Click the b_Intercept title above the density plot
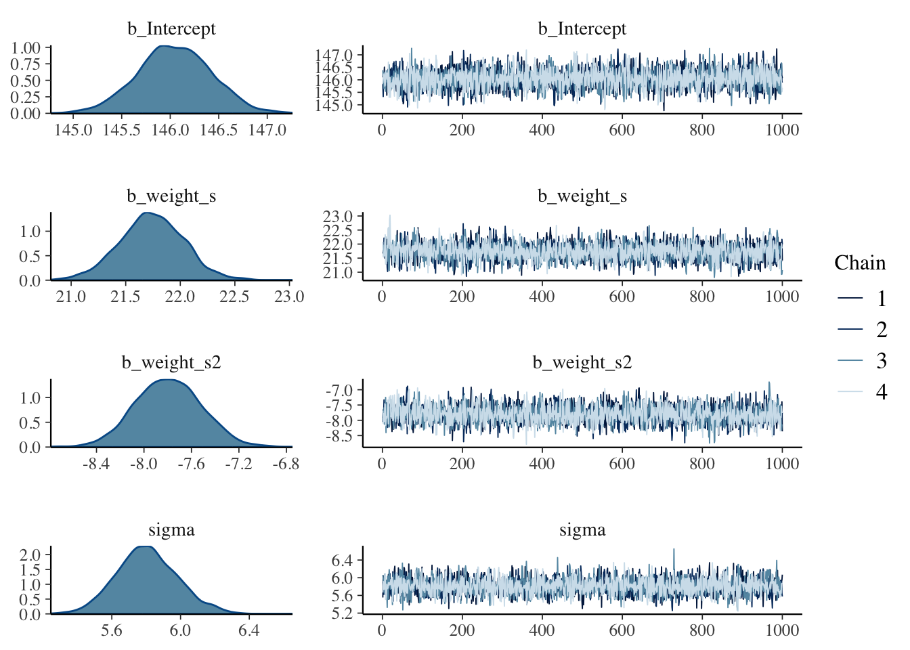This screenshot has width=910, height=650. tap(171, 29)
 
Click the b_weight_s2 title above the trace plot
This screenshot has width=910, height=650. tap(582, 363)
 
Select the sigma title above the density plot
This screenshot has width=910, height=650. tap(171, 530)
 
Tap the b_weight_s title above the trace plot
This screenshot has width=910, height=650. tap(582, 196)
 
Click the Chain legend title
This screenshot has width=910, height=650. tap(859, 263)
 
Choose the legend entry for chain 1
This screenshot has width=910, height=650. tap(881, 299)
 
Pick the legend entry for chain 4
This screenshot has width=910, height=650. tap(881, 391)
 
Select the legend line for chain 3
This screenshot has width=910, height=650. tap(850, 360)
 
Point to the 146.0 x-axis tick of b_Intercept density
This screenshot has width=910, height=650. tap(170, 130)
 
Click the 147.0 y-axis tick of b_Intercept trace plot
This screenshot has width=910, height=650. tap(334, 55)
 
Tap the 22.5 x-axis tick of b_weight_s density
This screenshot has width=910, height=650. tap(234, 297)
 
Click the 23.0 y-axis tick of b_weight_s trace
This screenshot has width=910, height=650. tap(338, 217)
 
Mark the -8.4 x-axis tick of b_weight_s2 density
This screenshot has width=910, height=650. tap(96, 464)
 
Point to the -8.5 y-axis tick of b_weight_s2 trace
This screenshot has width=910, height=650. tap(339, 436)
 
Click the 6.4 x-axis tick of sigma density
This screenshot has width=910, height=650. tap(248, 631)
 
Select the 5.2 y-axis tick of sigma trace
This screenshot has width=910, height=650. tap(342, 613)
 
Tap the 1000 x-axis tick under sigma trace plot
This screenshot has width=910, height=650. tap(782, 631)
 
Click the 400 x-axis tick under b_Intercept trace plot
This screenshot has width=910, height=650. tap(542, 130)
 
